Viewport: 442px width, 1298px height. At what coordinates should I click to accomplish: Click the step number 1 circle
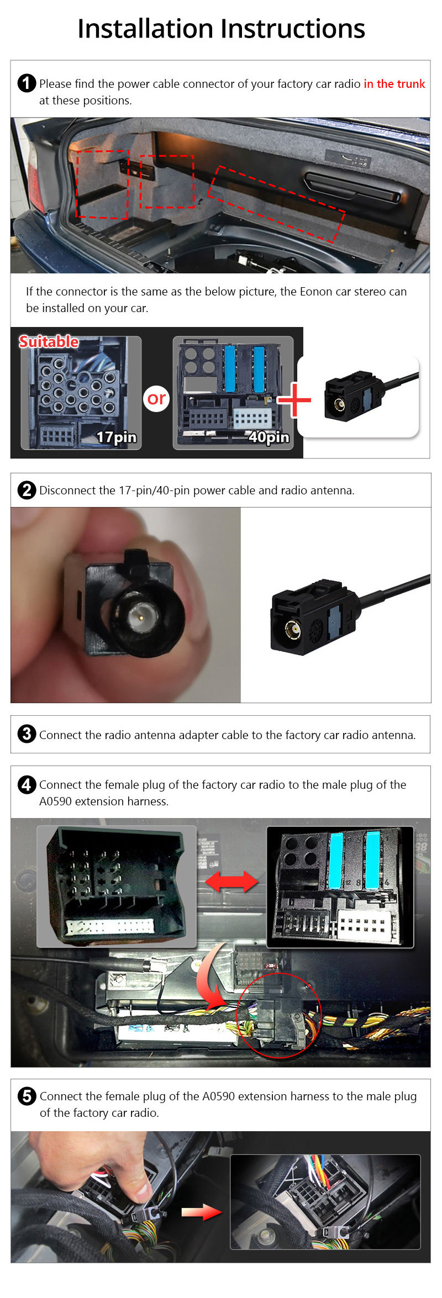(27, 83)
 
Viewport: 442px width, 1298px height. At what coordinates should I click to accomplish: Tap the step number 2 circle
(27, 490)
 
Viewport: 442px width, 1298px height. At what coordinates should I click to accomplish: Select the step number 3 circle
(27, 734)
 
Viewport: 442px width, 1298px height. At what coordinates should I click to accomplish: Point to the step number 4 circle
(27, 784)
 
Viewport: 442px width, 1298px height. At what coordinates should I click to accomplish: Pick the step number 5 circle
(27, 1096)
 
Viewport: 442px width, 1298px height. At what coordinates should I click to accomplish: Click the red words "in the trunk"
(394, 84)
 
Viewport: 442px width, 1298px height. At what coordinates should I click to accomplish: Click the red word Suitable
(49, 341)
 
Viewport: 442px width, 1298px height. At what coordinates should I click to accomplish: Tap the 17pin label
(116, 437)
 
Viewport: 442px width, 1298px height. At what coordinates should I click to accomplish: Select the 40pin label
(269, 437)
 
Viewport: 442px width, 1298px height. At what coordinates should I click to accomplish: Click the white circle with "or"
(156, 398)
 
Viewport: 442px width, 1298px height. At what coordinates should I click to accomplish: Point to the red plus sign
(294, 400)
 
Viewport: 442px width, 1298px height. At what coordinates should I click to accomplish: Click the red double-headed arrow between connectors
(231, 882)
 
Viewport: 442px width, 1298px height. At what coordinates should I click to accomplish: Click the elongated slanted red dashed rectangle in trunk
(276, 204)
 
